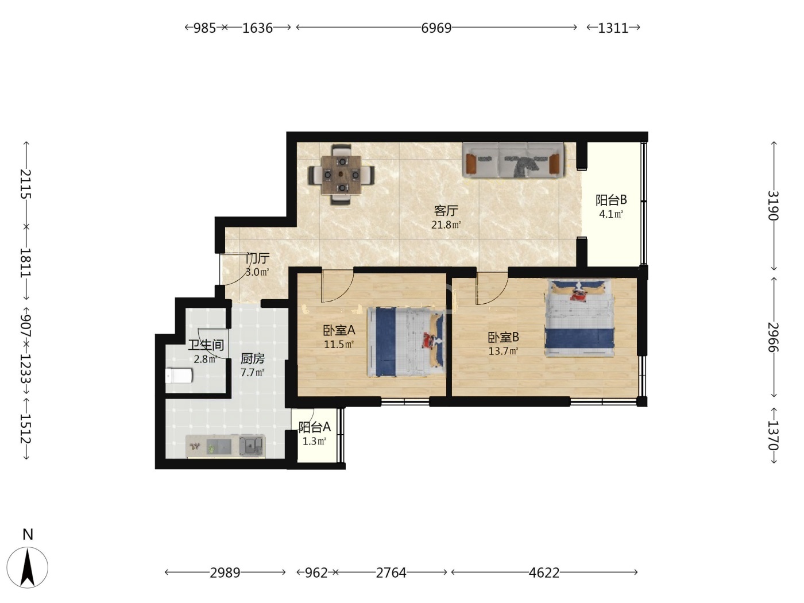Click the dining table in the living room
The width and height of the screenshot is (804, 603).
[341, 175]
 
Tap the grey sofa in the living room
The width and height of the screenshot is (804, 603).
[513, 160]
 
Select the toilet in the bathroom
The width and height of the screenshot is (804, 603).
[179, 376]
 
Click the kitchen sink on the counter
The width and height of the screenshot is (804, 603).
[252, 446]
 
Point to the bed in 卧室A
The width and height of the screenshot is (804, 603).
[406, 342]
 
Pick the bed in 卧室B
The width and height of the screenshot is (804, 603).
[579, 318]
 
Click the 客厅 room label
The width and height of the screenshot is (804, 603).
[446, 211]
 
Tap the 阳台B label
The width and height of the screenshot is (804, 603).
[611, 200]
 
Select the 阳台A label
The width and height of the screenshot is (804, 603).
[314, 427]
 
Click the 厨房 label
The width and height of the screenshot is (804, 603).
[252, 359]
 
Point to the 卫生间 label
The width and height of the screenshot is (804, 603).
[206, 345]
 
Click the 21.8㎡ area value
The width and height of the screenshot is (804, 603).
[446, 225]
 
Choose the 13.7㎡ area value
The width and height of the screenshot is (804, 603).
[503, 351]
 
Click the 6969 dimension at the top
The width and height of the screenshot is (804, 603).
[436, 28]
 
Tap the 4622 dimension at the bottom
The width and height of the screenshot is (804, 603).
[544, 573]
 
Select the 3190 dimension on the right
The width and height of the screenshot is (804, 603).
[773, 206]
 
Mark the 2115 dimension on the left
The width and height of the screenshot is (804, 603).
[26, 184]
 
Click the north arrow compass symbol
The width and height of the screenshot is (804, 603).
[28, 567]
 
